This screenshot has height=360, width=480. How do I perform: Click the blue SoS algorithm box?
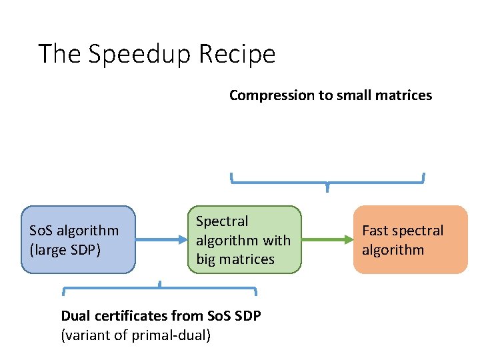pos(78,240)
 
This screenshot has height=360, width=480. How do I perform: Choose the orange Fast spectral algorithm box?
pos(410,240)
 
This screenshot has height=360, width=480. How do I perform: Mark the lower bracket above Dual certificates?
pos(160,289)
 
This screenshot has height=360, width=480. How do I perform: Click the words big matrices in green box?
pos(235,259)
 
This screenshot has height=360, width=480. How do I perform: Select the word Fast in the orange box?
pos(375,231)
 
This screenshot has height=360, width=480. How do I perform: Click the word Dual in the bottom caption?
pos(75,315)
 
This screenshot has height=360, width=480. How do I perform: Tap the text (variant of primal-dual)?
pos(136,335)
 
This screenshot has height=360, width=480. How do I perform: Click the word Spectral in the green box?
pos(222,221)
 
